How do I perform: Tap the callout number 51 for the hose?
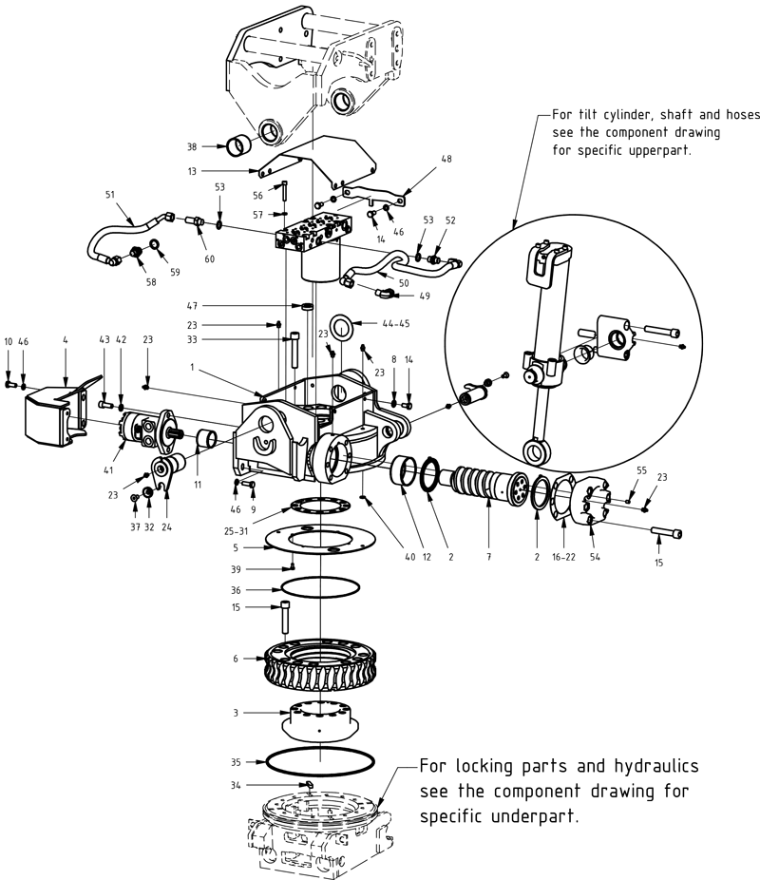click(110, 195)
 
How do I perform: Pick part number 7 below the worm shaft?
click(488, 558)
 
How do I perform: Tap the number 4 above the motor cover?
click(65, 340)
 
